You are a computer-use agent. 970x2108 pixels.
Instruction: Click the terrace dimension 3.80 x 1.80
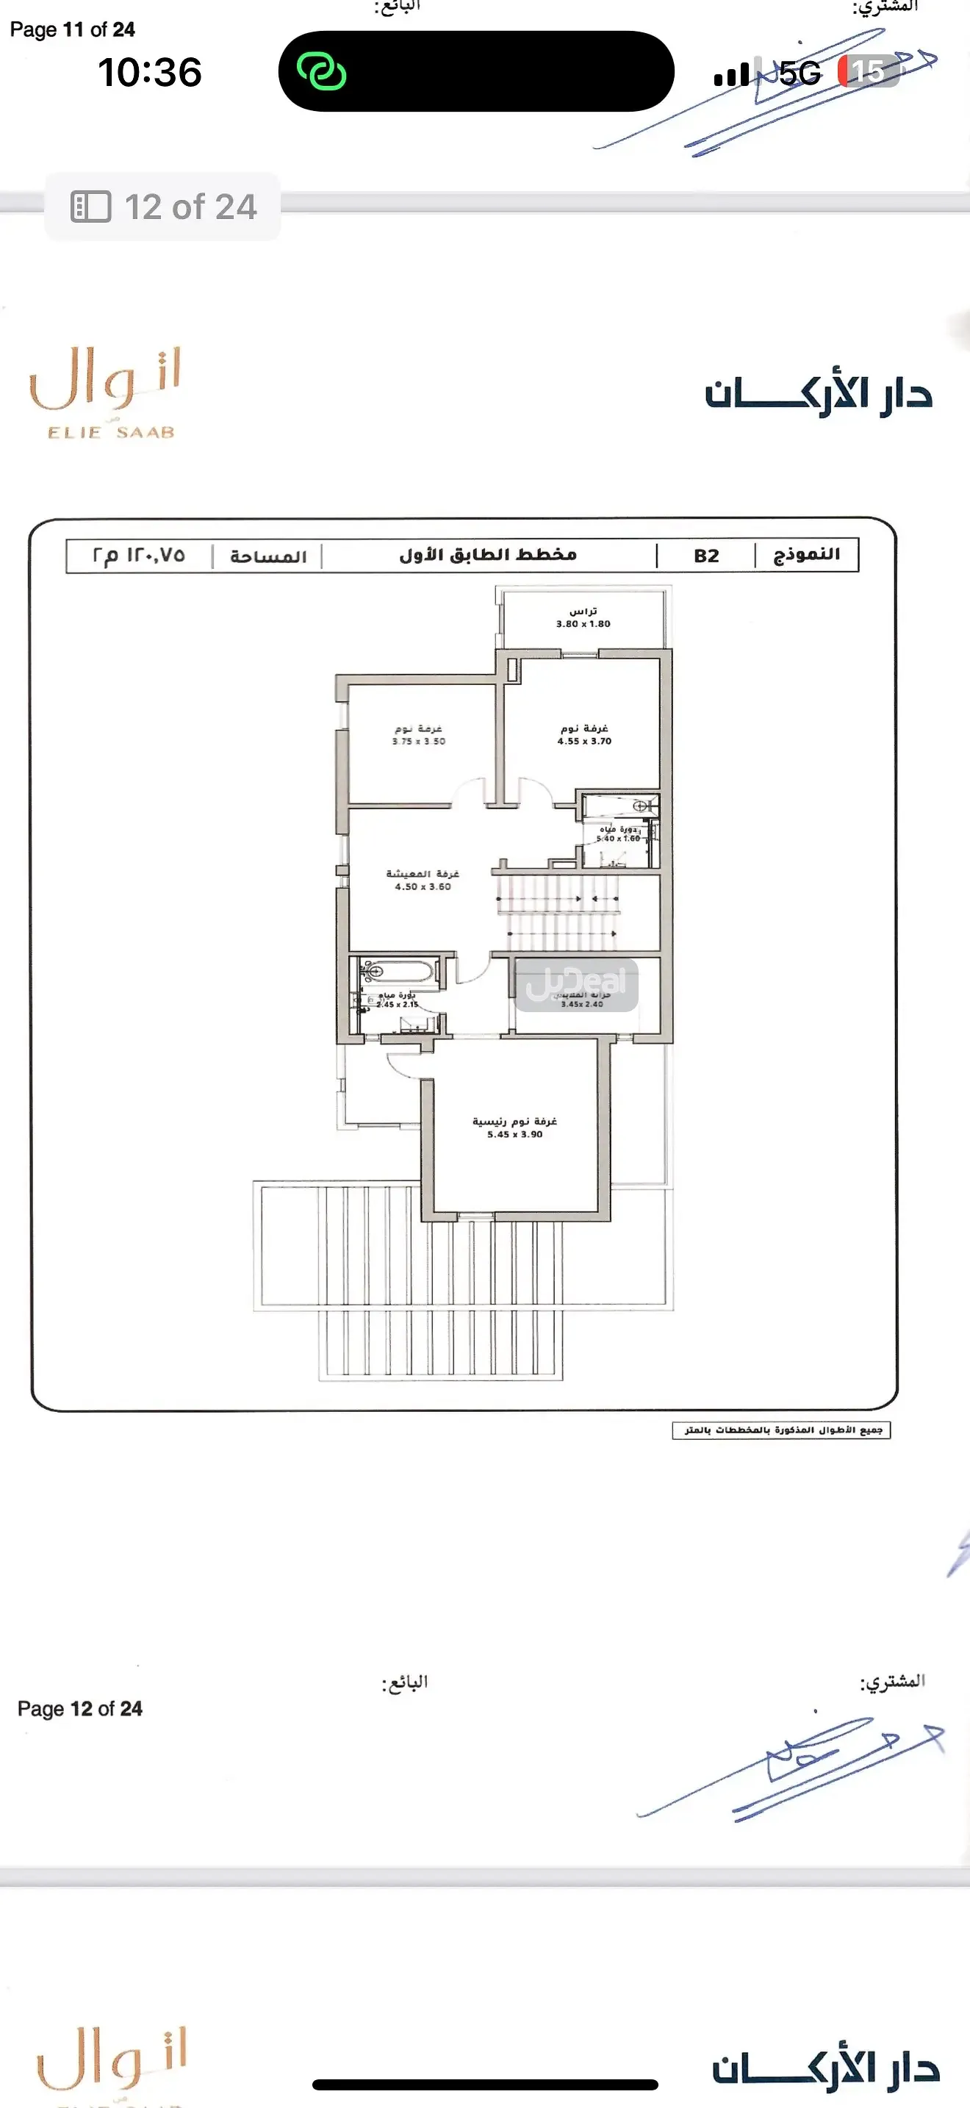coord(583,623)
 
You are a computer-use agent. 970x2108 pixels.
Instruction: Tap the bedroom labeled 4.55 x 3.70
coord(584,735)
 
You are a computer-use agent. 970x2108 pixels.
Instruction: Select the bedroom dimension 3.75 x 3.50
coord(418,742)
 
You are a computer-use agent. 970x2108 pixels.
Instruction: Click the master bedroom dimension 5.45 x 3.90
coord(514,1134)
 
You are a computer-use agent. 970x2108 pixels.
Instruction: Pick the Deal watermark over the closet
coord(577,984)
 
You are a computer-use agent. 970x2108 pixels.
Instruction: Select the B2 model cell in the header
coord(706,556)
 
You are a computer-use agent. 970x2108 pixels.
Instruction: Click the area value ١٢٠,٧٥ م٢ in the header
coord(139,556)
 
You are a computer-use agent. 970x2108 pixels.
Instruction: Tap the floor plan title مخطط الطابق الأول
coord(488,556)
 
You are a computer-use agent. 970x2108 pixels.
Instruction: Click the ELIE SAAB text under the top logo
coord(111,433)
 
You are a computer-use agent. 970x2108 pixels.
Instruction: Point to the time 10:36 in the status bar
coord(150,72)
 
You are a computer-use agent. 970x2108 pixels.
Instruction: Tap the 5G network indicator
coord(799,74)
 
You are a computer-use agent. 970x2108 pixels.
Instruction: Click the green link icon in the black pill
coord(321,71)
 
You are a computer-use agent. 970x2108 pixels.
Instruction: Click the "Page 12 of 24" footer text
coord(80,1709)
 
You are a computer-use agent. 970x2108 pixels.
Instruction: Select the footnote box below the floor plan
coord(781,1430)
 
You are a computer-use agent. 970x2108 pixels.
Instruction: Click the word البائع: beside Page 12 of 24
coord(405,1682)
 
